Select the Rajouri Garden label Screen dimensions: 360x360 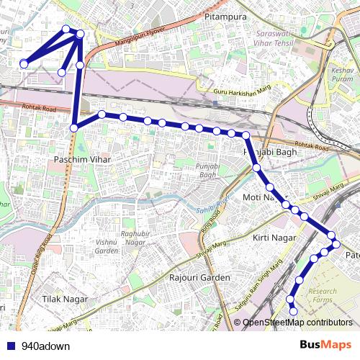199,277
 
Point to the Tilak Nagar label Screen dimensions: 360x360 65,298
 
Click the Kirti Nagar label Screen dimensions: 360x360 271,237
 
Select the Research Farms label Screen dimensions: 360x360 322,296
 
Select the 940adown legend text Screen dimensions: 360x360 46,346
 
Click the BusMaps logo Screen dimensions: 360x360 325,346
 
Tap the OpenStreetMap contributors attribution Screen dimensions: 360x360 297,322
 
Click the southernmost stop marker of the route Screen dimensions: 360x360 294,311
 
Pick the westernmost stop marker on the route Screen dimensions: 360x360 24,64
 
